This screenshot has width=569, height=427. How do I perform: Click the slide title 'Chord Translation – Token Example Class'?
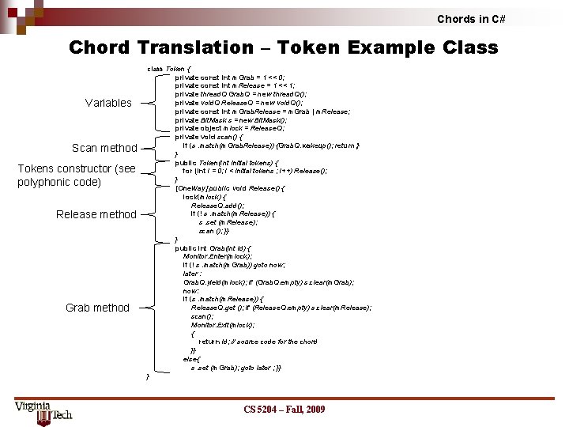[x=283, y=47]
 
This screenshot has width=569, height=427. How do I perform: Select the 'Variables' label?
[x=108, y=103]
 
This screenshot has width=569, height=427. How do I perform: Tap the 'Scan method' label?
[x=104, y=148]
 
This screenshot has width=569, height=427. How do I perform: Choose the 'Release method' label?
[x=96, y=214]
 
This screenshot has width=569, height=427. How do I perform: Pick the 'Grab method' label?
[x=97, y=308]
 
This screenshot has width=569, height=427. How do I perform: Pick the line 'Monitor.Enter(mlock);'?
[x=218, y=256]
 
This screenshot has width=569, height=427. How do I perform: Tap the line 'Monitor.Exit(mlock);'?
[x=224, y=325]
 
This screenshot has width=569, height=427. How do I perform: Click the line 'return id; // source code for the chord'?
[x=258, y=342]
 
